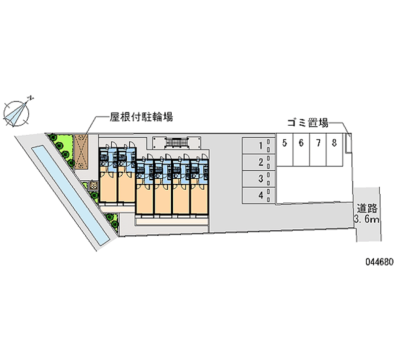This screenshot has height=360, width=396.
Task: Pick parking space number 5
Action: (x=285, y=150)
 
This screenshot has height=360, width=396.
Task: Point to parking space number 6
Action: (x=301, y=150)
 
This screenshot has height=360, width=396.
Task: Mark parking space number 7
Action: (x=318, y=150)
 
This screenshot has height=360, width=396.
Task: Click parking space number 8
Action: (x=335, y=150)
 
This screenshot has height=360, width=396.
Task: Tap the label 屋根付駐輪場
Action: (x=141, y=117)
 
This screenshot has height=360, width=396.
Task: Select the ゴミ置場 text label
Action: (x=308, y=123)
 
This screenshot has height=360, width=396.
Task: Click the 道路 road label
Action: (x=367, y=208)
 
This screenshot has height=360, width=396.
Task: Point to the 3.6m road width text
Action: (x=367, y=219)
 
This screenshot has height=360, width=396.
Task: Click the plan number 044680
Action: (x=380, y=262)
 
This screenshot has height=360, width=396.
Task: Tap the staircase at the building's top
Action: (x=177, y=143)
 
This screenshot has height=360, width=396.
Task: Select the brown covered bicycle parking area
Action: (x=81, y=152)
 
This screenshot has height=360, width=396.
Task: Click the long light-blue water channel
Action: (x=70, y=195)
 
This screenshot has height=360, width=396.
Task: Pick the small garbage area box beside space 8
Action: (x=348, y=143)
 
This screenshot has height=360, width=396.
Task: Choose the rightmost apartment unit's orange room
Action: (x=199, y=199)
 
